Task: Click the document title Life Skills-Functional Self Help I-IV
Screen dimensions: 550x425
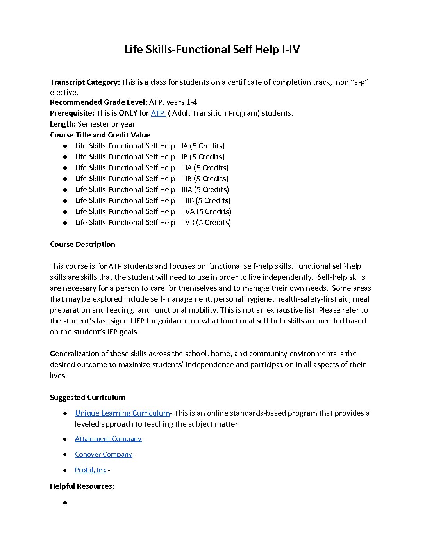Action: coord(212,50)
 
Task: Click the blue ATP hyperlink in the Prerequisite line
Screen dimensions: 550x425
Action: coord(157,113)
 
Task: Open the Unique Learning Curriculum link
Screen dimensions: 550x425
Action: coord(122,413)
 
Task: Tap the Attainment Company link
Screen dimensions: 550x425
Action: coord(108,439)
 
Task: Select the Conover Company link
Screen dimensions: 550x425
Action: coord(104,454)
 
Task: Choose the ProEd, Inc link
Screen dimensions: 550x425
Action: coord(90,470)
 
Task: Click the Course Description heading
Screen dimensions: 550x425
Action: coord(82,245)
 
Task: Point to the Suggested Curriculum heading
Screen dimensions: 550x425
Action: coord(87,398)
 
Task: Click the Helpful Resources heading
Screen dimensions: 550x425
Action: coord(82,486)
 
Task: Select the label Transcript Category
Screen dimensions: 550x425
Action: coord(85,82)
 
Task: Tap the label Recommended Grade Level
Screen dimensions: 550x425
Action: coord(98,102)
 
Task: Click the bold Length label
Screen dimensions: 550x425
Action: coord(63,124)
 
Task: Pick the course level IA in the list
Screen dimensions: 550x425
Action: coord(184,146)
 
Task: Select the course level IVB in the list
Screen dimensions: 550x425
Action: coord(189,223)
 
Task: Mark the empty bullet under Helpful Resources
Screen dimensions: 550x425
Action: coord(65,502)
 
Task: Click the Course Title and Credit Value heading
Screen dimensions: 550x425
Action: coord(100,135)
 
